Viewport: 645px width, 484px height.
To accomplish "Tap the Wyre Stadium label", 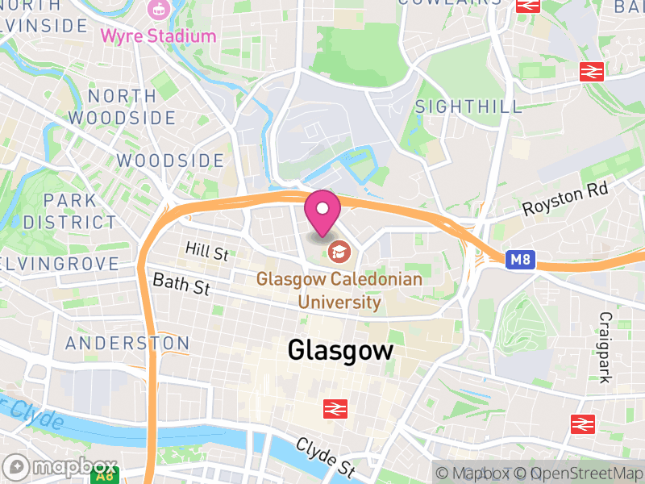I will coord(158,36).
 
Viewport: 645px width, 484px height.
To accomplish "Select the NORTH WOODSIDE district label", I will coord(122,106).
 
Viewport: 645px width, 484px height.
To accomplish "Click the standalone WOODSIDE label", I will coord(170,161).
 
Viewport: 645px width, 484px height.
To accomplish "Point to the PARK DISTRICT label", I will coord(69,211).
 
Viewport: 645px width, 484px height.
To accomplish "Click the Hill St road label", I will coord(206,250).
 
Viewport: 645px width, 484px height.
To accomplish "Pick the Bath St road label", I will coord(181,283).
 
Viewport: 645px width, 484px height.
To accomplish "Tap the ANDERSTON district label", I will coord(127,343).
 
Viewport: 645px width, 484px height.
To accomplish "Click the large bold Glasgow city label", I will coord(341,350).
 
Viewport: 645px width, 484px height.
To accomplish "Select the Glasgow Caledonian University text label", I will coord(339,290).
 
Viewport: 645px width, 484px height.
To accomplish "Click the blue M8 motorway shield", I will coord(520,260).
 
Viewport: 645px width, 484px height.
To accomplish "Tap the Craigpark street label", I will coord(605,348).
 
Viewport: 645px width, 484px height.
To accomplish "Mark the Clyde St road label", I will coord(325,457).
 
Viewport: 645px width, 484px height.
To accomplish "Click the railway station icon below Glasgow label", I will coord(335,409).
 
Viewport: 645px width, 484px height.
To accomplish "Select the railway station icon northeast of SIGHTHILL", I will coord(592,71).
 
